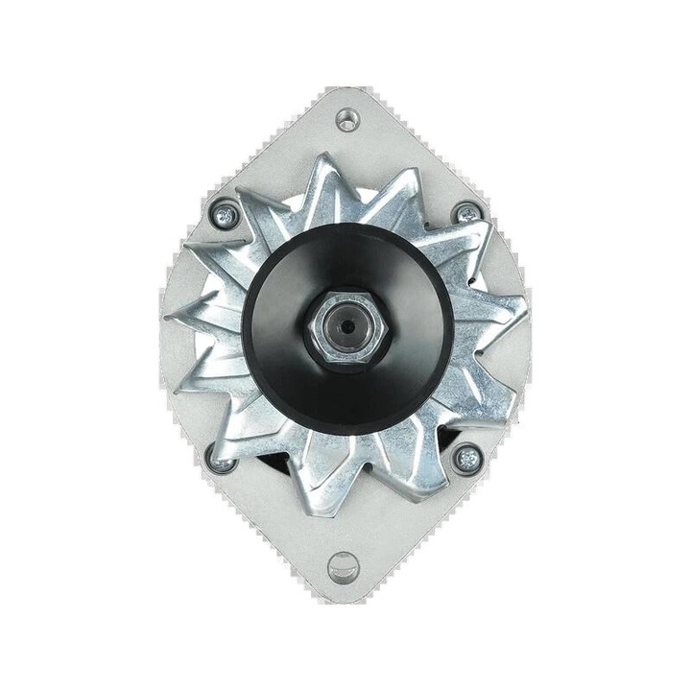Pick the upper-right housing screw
[x=467, y=213]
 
